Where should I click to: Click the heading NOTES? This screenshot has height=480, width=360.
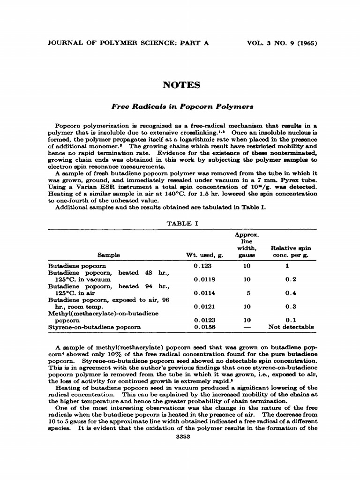pyautogui.click(x=181, y=85)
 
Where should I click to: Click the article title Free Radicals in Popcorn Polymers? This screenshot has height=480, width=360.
pyautogui.click(x=182, y=106)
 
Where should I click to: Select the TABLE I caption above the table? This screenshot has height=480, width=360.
pyautogui.click(x=182, y=223)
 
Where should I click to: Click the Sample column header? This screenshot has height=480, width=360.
pyautogui.click(x=109, y=255)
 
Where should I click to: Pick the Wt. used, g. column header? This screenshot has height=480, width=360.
pyautogui.click(x=205, y=255)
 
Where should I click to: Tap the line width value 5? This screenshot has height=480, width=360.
pyautogui.click(x=247, y=293)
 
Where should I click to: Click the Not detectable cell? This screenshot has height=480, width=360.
pyautogui.click(x=291, y=327)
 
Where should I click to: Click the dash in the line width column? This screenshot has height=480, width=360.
pyautogui.click(x=247, y=327)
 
